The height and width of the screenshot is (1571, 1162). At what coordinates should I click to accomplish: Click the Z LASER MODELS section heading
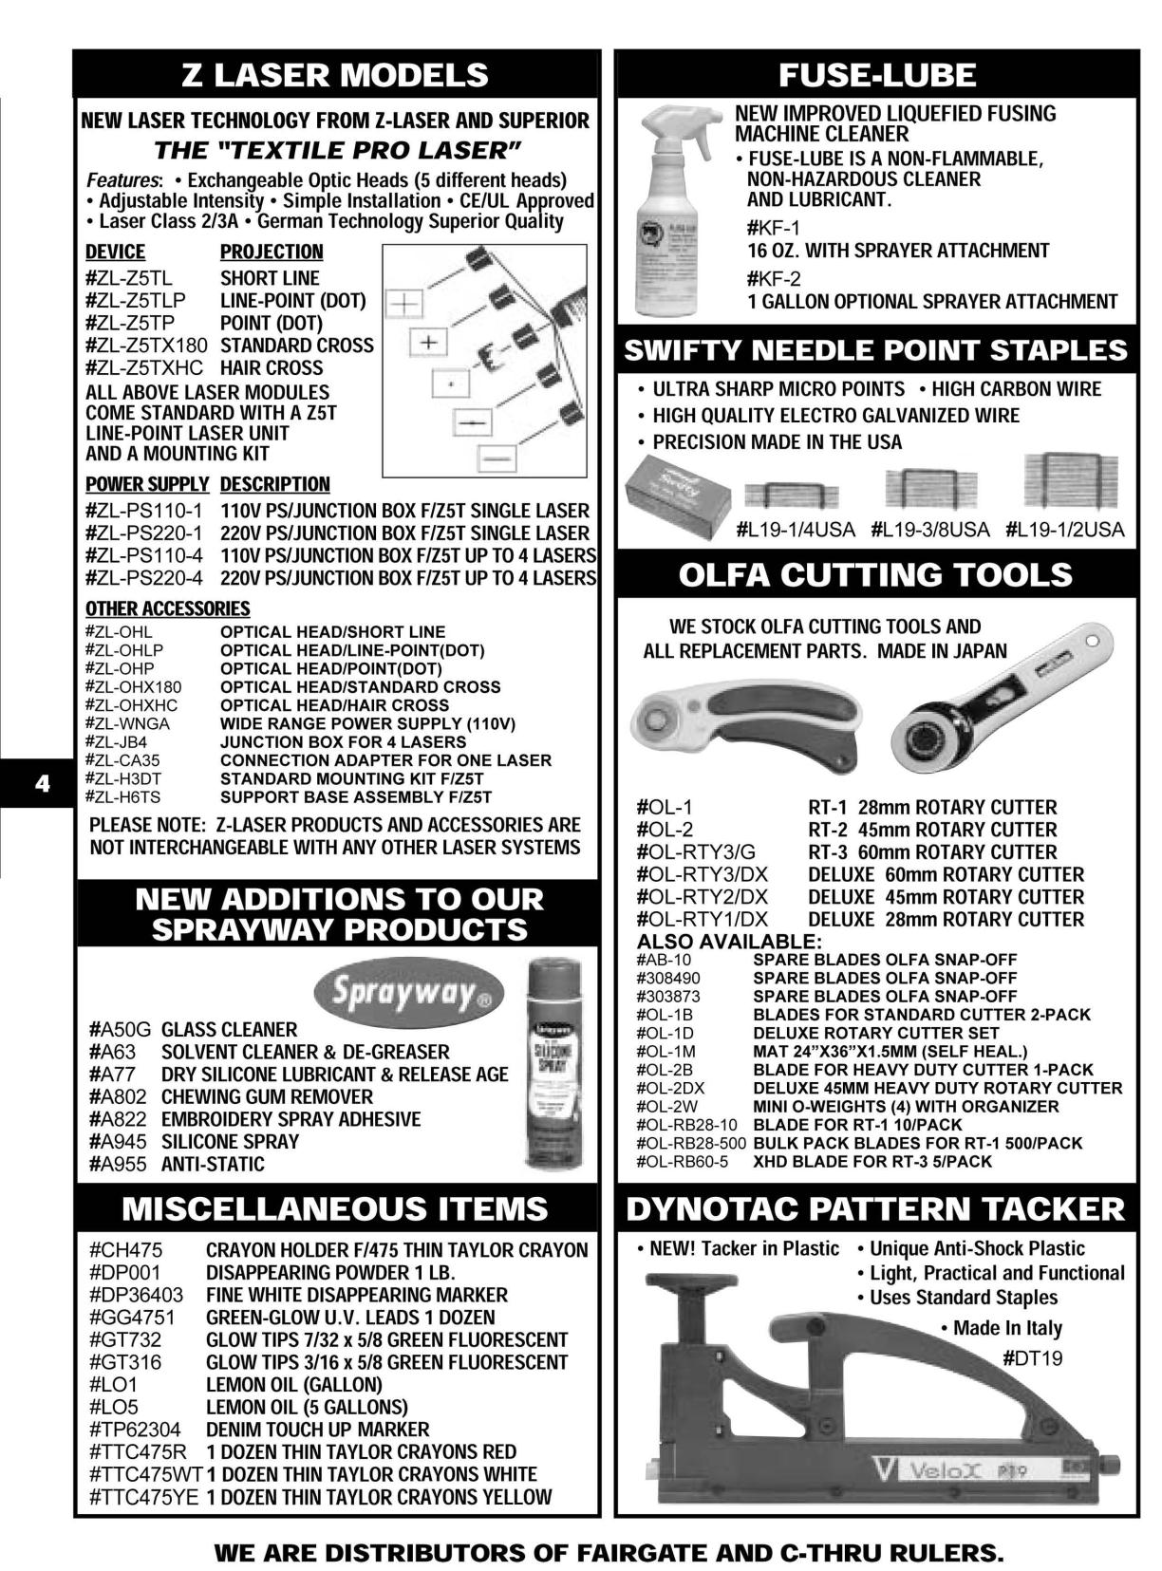pyautogui.click(x=335, y=75)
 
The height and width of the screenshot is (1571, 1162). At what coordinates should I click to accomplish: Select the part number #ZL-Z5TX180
pyautogui.click(x=145, y=346)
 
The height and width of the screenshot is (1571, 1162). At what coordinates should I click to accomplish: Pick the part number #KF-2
pyautogui.click(x=774, y=278)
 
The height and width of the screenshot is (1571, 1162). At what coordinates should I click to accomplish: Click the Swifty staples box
pyautogui.click(x=677, y=492)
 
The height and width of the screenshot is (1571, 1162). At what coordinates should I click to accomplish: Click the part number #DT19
pyautogui.click(x=1032, y=1358)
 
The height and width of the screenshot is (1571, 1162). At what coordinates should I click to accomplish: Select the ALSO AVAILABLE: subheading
pyautogui.click(x=728, y=942)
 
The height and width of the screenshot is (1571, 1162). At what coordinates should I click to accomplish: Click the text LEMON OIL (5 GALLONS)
pyautogui.click(x=306, y=1407)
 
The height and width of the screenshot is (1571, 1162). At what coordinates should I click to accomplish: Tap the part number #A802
pyautogui.click(x=119, y=1096)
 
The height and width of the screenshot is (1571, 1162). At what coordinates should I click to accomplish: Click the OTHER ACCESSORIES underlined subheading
pyautogui.click(x=167, y=608)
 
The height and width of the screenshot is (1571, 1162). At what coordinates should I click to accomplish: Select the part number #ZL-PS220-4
pyautogui.click(x=143, y=578)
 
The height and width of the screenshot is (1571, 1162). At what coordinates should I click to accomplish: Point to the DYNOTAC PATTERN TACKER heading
pyautogui.click(x=875, y=1209)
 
